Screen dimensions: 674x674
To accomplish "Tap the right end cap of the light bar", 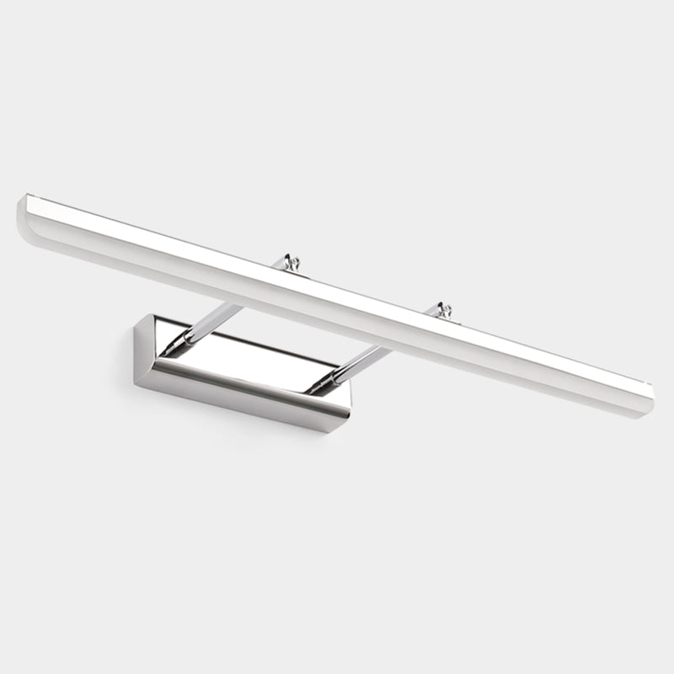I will pyautogui.click(x=649, y=394).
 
